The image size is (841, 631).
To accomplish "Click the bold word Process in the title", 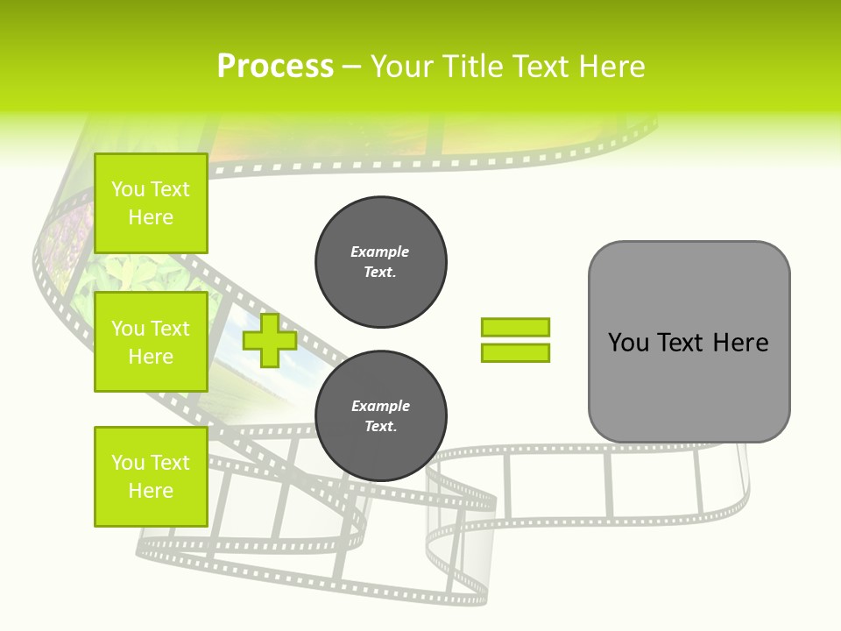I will (x=275, y=67).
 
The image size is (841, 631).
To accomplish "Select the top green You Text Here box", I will (x=151, y=202).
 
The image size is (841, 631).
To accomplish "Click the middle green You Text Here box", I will (x=151, y=342).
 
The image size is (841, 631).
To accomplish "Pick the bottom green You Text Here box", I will (x=151, y=476).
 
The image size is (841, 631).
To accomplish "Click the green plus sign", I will (x=270, y=341).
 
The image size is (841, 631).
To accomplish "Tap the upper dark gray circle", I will (x=380, y=262).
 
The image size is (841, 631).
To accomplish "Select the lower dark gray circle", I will (x=380, y=416).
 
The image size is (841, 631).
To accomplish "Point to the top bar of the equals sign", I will (x=515, y=328).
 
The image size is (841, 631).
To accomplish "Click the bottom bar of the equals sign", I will (x=515, y=353).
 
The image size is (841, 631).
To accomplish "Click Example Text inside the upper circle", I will (x=380, y=262).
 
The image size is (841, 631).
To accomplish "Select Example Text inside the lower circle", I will (x=380, y=416).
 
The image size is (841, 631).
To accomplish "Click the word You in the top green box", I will (x=128, y=189).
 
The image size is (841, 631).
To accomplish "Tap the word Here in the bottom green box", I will (x=151, y=491).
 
